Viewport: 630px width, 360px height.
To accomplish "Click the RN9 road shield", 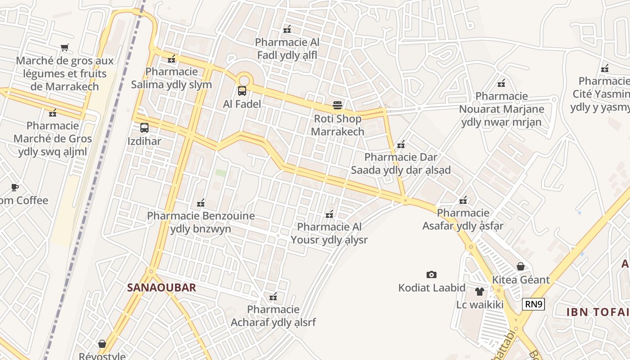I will [534, 305].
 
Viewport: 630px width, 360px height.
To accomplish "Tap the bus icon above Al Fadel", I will [242, 91].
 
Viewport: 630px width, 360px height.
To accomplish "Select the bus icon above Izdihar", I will [144, 128].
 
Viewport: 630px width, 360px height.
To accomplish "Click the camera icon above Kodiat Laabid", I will [431, 274].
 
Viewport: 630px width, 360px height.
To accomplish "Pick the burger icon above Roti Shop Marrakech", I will [337, 105].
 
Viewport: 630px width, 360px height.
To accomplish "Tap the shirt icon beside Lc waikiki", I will [479, 292].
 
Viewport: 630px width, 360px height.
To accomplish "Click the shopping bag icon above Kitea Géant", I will [521, 266].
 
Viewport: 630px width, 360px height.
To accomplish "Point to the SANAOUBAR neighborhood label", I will [162, 288].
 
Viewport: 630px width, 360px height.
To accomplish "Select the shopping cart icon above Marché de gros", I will [65, 47].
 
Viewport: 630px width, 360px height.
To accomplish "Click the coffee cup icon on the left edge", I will [15, 187].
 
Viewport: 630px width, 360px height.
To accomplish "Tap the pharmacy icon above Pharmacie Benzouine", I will [201, 203].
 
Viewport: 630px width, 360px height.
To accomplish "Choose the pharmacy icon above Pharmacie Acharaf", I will [273, 297].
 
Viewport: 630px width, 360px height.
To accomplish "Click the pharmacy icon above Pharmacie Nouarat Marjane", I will [501, 83].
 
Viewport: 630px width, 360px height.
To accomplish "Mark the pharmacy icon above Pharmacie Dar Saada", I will [401, 144].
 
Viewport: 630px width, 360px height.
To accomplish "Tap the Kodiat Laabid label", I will [432, 288].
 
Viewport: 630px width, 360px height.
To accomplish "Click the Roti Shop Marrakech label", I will [337, 125].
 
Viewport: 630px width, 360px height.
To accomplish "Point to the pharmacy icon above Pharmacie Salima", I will [171, 58].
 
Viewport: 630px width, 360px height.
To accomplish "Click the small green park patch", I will [220, 172].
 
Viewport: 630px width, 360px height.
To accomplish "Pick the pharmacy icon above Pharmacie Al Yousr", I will [329, 214].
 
